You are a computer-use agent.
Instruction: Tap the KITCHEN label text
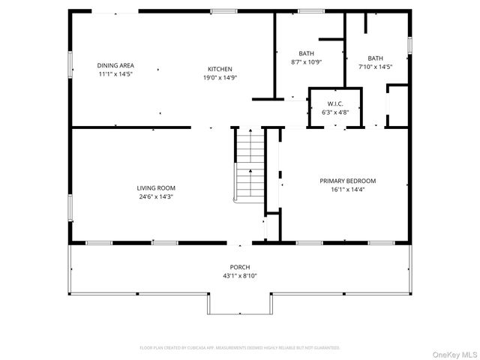pyautogui.click(x=214, y=69)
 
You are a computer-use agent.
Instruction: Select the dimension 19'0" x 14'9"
pyautogui.click(x=214, y=77)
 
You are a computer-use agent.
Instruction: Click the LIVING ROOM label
pyautogui.click(x=155, y=188)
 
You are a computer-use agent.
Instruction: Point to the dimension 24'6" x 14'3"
pyautogui.click(x=155, y=196)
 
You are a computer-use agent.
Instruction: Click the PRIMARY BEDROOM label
pyautogui.click(x=347, y=181)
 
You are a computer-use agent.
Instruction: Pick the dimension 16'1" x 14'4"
pyautogui.click(x=347, y=190)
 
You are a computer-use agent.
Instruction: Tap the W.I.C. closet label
pyautogui.click(x=335, y=103)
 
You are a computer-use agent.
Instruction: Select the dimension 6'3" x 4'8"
pyautogui.click(x=335, y=112)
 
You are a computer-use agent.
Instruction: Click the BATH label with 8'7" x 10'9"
pyautogui.click(x=306, y=53)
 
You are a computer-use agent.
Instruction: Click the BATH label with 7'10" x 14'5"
pyautogui.click(x=375, y=58)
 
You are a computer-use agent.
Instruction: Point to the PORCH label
pyautogui.click(x=240, y=267)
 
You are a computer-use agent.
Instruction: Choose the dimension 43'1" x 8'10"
pyautogui.click(x=240, y=275)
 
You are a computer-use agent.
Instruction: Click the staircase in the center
pyautogui.click(x=247, y=165)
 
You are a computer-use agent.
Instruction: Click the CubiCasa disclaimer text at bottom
pyautogui.click(x=240, y=348)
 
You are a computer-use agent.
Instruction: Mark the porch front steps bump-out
pyautogui.click(x=240, y=303)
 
